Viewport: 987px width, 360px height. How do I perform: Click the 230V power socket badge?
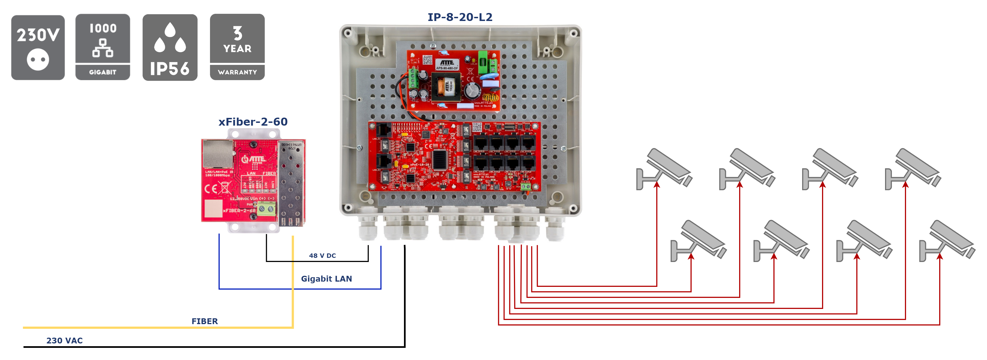click(38, 47)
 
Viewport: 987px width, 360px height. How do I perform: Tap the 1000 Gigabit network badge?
click(103, 47)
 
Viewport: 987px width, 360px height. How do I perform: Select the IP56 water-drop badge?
click(170, 47)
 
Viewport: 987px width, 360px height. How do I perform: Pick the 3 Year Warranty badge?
click(237, 47)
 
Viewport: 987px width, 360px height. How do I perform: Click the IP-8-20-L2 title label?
click(460, 17)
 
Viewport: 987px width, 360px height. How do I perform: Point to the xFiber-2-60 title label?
click(253, 122)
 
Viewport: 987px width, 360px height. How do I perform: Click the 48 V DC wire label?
click(322, 255)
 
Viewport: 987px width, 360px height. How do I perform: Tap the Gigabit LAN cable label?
click(326, 279)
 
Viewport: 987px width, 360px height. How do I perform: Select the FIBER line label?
click(204, 321)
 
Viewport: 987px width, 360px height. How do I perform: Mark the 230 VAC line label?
click(64, 340)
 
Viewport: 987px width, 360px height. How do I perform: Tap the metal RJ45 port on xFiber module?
click(217, 153)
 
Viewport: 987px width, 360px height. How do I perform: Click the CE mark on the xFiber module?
click(211, 189)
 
